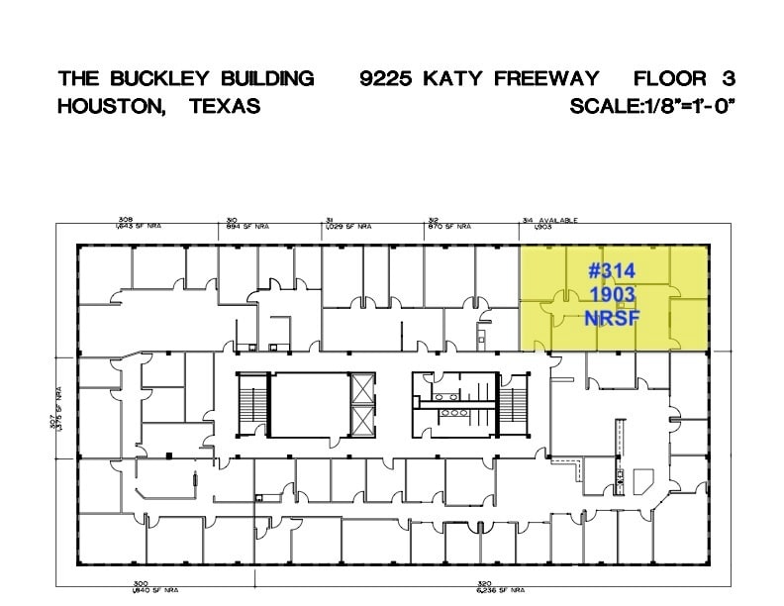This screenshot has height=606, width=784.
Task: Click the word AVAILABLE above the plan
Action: point(558,221)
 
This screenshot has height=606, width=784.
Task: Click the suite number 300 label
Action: point(141,584)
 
